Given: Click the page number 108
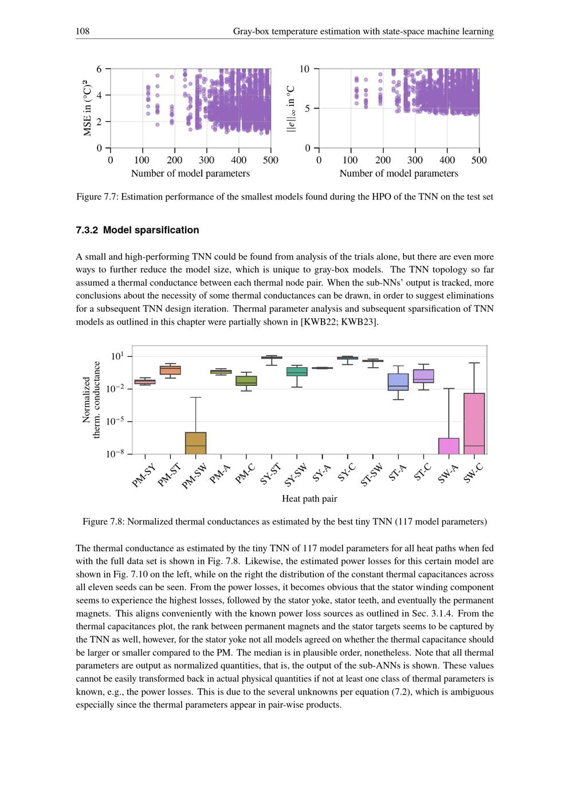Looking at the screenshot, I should (83, 31).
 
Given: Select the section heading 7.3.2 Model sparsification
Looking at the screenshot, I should (138, 230).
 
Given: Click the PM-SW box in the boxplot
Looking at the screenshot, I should (196, 443).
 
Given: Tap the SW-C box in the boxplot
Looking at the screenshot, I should (474, 423).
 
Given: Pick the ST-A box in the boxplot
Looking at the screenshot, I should (398, 382).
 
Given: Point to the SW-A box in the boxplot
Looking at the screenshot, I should (449, 446).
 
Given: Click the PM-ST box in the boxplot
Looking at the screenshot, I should (170, 370).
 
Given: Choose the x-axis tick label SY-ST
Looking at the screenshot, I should (270, 474).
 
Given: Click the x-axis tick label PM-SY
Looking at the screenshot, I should (143, 476).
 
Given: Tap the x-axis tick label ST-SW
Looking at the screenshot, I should (371, 475).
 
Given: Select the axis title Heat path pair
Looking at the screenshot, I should (309, 498).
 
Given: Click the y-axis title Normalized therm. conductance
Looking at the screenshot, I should (91, 400).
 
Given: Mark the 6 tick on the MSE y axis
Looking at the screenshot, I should (99, 69).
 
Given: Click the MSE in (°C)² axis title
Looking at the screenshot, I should (87, 108).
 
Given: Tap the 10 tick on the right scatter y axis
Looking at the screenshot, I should (304, 69).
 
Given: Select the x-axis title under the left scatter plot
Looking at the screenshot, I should (190, 173).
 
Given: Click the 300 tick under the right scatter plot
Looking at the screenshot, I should (415, 160).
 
